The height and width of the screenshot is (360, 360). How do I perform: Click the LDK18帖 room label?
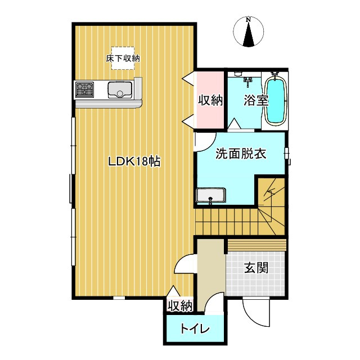(134, 161)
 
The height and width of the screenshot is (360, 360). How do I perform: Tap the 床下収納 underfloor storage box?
(123, 58)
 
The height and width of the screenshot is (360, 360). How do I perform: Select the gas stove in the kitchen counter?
(85, 89)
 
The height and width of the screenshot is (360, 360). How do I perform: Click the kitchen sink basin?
(120, 90)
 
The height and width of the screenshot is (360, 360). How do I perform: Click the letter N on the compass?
(249, 20)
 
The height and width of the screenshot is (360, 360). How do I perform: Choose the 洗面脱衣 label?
(241, 154)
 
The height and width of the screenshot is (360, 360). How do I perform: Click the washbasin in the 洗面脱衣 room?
(211, 195)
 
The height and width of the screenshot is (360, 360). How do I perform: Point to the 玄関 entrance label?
(256, 268)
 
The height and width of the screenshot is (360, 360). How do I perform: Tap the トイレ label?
(195, 328)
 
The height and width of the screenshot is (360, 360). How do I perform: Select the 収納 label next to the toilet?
(180, 306)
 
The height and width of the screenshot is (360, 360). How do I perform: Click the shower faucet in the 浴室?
(247, 82)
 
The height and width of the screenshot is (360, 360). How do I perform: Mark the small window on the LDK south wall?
(119, 298)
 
